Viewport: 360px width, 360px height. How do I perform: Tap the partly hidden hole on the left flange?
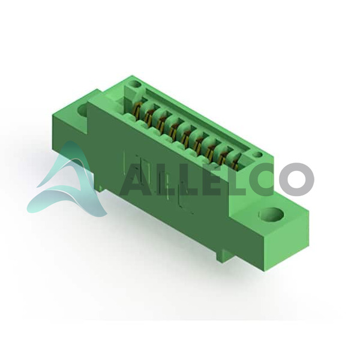[83, 110]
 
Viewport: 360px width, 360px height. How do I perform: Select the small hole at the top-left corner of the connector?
[134, 84]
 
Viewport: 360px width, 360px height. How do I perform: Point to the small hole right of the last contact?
[257, 155]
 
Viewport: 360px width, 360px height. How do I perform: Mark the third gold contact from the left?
[161, 124]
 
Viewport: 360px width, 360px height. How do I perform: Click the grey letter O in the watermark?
[296, 179]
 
